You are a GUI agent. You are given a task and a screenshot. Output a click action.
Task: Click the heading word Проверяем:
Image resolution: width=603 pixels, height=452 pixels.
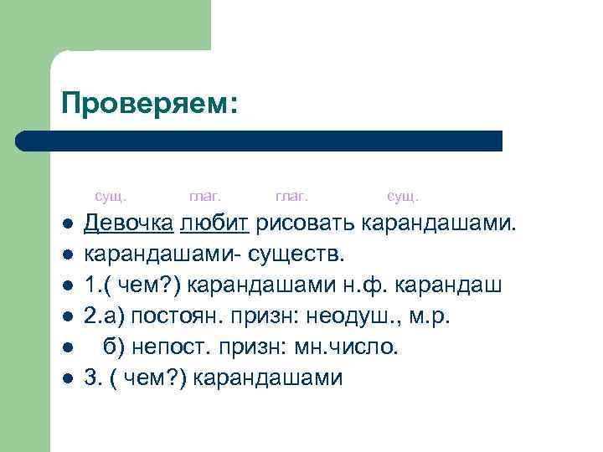(150, 104)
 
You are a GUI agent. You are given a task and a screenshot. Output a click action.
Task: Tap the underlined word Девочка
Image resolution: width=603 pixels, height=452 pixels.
(128, 223)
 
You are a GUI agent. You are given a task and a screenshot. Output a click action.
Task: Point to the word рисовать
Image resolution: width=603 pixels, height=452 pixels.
(307, 223)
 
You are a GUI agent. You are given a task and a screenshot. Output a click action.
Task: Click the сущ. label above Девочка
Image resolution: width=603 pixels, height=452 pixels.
(111, 197)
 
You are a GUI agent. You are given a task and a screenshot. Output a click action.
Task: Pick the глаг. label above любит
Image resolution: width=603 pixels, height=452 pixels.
(205, 197)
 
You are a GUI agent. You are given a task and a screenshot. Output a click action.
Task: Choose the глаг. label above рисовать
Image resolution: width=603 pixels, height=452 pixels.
(292, 197)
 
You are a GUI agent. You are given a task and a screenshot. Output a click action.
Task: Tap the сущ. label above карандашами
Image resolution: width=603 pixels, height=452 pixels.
(403, 197)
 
